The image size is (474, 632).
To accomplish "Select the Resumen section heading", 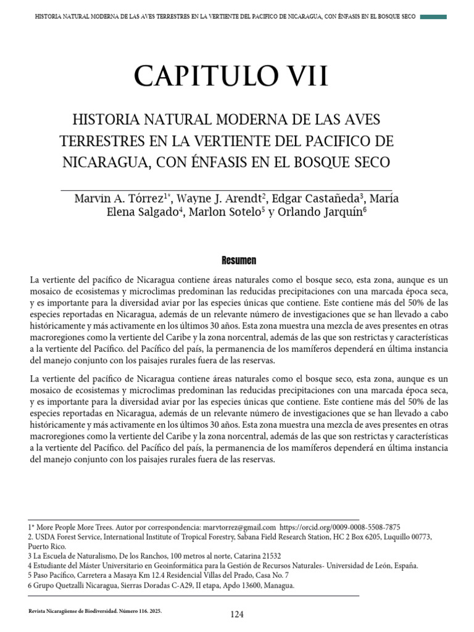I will pyautogui.click(x=239, y=260).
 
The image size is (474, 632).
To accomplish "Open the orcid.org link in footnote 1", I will pyautogui.click(x=340, y=528).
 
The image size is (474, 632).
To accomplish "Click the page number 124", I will pyautogui.click(x=237, y=614).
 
